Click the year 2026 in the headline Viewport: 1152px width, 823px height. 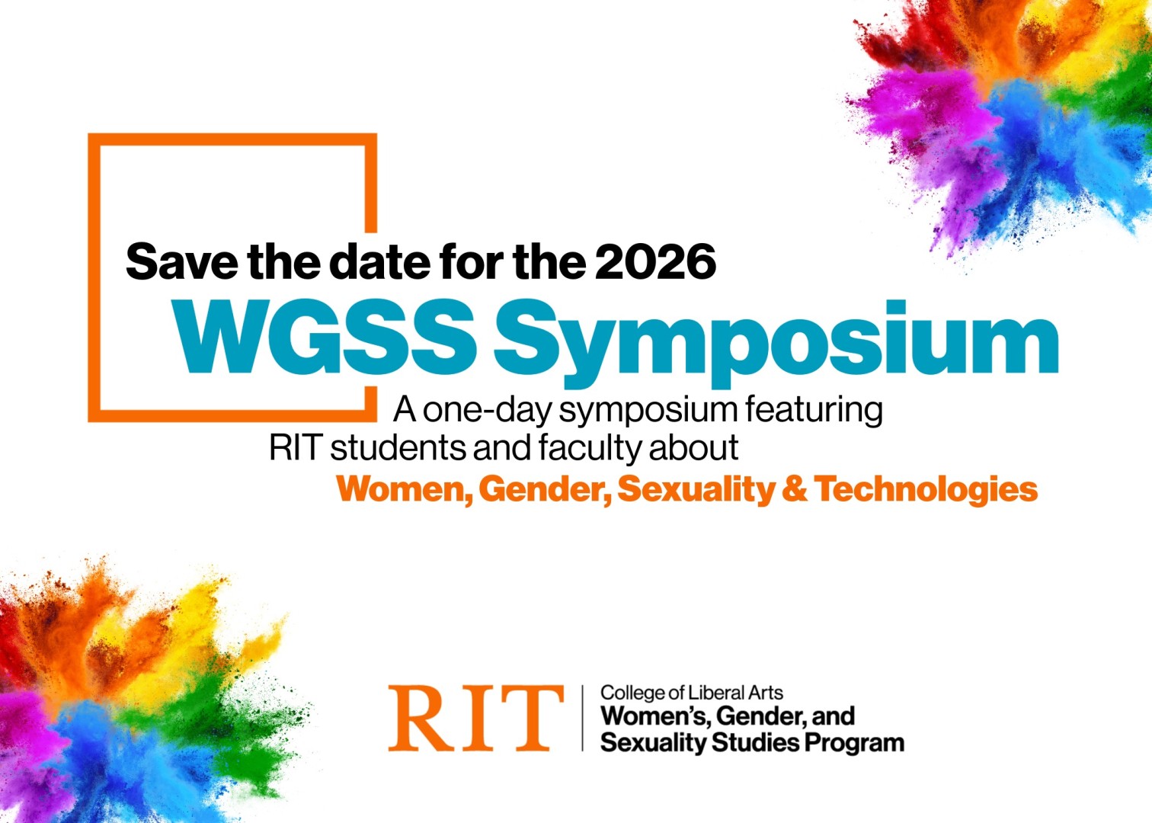click(x=655, y=262)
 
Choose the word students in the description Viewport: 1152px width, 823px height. click(x=398, y=448)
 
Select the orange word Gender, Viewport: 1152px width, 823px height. click(x=544, y=489)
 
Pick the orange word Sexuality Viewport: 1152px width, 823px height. click(x=695, y=489)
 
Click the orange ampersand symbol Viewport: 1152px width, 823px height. click(x=794, y=489)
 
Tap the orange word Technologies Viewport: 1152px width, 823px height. click(x=926, y=489)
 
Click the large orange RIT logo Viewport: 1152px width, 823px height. click(x=475, y=718)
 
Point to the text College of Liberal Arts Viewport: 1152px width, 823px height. click(x=691, y=693)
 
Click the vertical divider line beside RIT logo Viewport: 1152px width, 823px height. click(x=583, y=718)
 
